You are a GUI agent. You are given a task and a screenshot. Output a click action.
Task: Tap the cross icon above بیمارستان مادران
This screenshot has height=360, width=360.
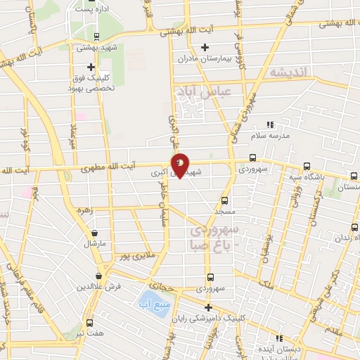(x=205, y=48)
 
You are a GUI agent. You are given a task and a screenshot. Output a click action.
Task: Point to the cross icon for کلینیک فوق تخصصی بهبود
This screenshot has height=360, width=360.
(x=91, y=66)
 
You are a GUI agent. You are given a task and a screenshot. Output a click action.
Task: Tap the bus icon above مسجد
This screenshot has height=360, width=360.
(x=224, y=200)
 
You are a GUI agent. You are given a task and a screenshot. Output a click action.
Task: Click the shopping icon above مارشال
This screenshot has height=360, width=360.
(x=94, y=233)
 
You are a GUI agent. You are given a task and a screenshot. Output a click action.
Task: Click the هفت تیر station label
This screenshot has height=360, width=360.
(x=89, y=335)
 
